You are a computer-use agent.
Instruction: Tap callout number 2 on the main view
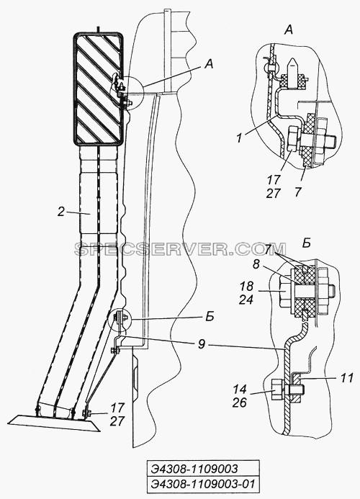tap(61, 212)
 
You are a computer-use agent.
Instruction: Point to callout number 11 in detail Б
tap(346, 378)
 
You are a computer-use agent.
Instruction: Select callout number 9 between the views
tap(201, 344)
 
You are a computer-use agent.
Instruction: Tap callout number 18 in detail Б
tap(246, 286)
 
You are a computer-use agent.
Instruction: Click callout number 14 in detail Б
tap(239, 390)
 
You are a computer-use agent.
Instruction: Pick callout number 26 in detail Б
tap(239, 403)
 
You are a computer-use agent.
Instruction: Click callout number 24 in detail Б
tap(246, 299)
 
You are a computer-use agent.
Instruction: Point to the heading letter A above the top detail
tap(288, 30)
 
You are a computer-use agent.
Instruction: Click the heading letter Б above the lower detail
tap(306, 243)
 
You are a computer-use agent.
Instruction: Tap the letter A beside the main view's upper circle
tap(209, 65)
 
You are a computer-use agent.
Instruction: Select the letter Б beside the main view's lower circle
tap(210, 318)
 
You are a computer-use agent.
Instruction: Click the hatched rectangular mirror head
tap(98, 89)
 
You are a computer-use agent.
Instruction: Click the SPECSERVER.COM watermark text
tap(180, 249)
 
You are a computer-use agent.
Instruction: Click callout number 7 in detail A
tap(297, 192)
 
